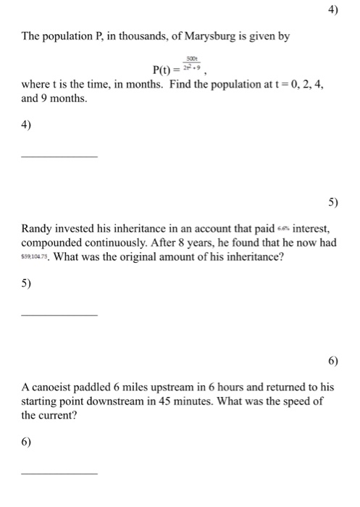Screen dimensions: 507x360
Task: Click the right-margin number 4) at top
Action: (332, 11)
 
